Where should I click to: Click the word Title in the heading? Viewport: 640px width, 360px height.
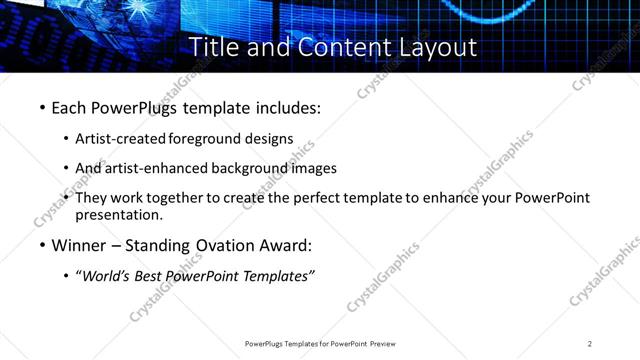point(211,47)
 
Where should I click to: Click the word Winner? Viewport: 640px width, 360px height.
point(81,245)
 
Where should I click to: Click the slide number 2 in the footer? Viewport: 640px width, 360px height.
point(590,344)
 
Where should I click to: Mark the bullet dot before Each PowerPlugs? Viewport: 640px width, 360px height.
point(41,107)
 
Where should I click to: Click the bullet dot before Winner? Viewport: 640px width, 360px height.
point(41,245)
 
